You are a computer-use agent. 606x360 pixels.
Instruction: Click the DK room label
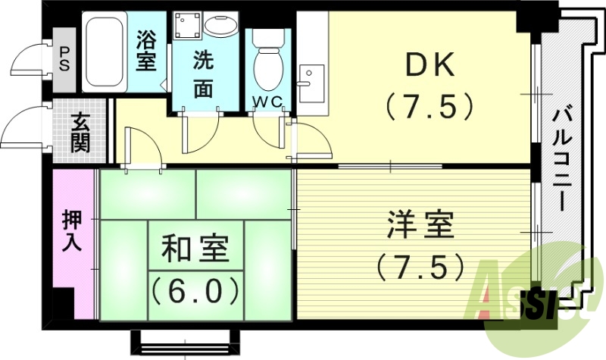click(430, 67)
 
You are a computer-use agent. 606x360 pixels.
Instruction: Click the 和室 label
click(195, 248)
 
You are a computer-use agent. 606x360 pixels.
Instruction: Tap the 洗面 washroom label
click(202, 73)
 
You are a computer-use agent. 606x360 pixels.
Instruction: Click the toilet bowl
click(266, 65)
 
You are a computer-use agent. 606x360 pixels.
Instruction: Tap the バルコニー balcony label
click(562, 158)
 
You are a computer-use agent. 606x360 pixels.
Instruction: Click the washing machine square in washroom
click(186, 27)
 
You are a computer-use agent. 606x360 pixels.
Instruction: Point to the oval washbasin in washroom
click(222, 27)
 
